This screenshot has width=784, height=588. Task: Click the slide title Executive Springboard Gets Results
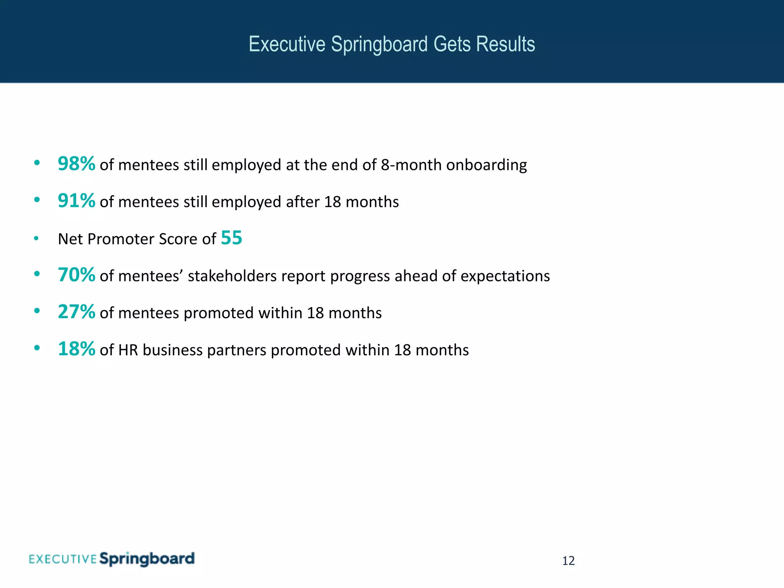(x=392, y=44)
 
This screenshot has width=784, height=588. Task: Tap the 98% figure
(x=76, y=164)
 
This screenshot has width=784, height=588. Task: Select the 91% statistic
(x=76, y=201)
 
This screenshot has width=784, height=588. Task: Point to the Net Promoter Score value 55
(x=232, y=238)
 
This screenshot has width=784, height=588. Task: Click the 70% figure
(x=76, y=275)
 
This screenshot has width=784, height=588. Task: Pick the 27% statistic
(x=76, y=312)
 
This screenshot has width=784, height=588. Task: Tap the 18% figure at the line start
(x=76, y=349)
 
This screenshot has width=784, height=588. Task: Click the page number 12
(x=568, y=561)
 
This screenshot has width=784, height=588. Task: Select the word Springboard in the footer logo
(x=147, y=559)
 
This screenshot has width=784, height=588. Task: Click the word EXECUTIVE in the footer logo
(x=63, y=559)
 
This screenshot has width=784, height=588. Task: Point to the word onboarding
(x=486, y=165)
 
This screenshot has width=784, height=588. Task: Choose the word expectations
(x=505, y=276)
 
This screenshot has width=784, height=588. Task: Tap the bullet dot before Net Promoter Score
(x=36, y=238)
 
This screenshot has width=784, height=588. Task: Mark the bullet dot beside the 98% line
(x=37, y=163)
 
